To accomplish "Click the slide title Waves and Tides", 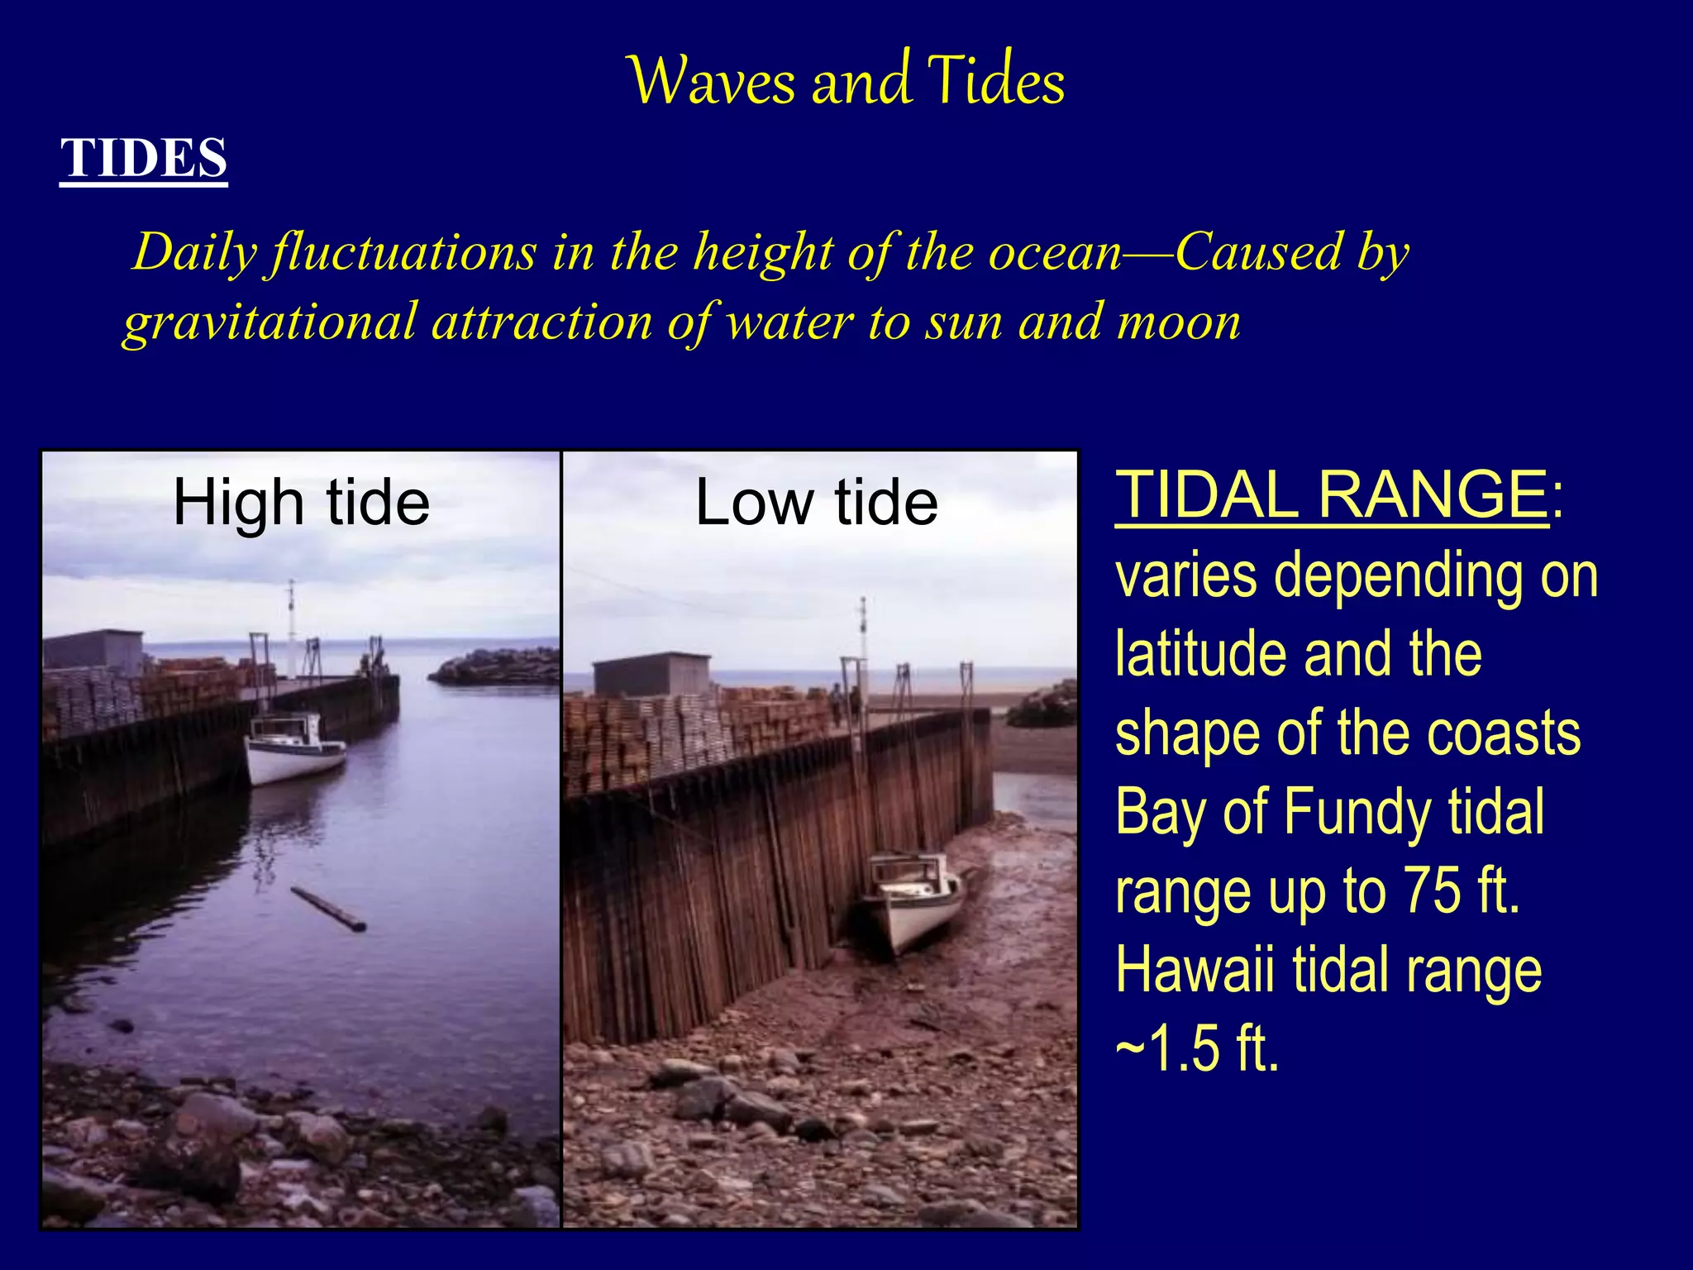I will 846,81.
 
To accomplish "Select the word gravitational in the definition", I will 269,322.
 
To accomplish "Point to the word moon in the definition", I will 1179,322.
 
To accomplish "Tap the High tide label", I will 301,503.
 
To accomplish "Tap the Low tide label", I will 817,503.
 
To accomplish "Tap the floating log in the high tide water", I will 328,909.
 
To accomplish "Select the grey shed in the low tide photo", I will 651,675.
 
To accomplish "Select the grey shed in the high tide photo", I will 93,650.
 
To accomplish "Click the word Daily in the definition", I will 195,251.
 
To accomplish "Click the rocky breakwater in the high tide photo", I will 496,666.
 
